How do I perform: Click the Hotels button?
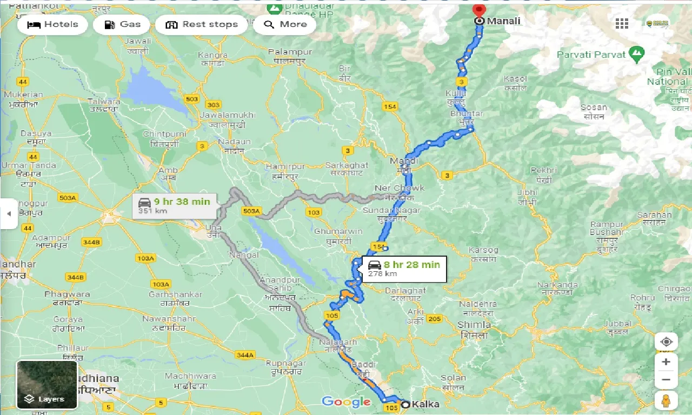point(52,24)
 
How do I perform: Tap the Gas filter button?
point(123,24)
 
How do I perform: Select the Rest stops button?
point(202,24)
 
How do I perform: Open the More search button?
point(284,24)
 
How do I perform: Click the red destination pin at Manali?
point(478,10)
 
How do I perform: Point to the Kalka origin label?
point(425,404)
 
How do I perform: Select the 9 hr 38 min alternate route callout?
point(174,206)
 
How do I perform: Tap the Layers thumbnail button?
point(47,384)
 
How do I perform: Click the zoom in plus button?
point(666,362)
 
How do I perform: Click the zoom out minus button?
point(666,380)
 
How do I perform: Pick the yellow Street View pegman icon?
point(666,400)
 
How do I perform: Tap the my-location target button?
point(666,342)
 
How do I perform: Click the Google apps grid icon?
point(622,24)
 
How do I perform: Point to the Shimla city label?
point(474,325)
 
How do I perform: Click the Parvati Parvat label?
point(591,55)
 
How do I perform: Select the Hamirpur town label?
point(286,165)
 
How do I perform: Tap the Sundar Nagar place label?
point(391,210)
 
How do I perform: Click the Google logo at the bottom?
point(346,401)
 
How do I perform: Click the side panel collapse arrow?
point(9,213)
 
